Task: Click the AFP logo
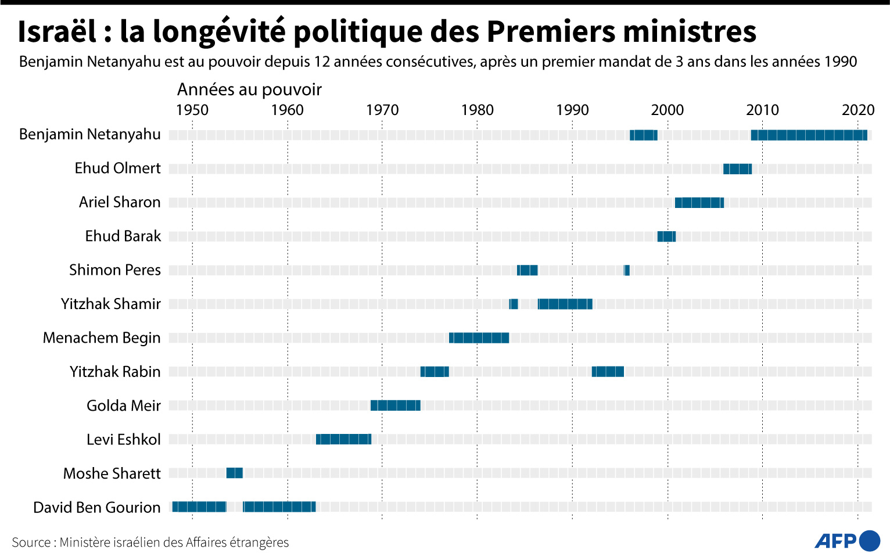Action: point(847,541)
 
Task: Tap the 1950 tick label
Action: point(192,110)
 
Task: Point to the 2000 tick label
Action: point(667,110)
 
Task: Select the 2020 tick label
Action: point(857,110)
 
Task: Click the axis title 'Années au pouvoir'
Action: point(249,89)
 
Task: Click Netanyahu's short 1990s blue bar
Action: point(643,135)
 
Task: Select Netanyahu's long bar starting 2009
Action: point(809,135)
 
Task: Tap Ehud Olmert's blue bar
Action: point(737,169)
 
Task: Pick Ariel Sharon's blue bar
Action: point(699,203)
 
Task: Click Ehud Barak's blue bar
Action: point(666,236)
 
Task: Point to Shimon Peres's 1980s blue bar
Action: point(527,270)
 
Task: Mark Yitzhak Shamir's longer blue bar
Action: point(565,304)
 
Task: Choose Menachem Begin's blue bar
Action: point(479,338)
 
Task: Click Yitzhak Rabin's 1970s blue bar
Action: point(435,372)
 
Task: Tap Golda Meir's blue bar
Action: point(395,405)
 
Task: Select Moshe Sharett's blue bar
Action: point(234,473)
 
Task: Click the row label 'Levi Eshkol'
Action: point(123,440)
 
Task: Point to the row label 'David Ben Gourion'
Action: point(96,507)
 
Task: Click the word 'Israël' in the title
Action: point(57,32)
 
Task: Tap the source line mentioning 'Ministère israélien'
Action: point(150,543)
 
